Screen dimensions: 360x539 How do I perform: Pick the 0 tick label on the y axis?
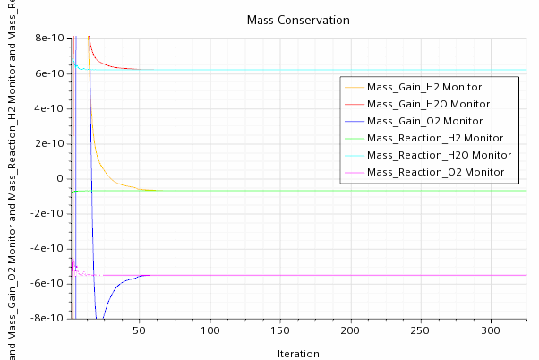pos(60,178)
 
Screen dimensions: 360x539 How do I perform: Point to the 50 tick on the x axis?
pos(139,330)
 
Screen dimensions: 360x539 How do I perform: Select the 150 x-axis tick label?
pos(281,330)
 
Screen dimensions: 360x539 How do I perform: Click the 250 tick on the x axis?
pos(423,330)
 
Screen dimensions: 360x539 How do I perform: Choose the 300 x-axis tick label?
pos(494,330)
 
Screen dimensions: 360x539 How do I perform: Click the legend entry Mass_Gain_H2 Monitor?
pos(424,88)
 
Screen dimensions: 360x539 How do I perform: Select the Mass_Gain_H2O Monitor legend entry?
pos(428,105)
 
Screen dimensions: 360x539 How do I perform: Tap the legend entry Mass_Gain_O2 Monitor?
pos(424,122)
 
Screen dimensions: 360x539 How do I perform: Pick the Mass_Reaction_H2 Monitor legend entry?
pos(434,139)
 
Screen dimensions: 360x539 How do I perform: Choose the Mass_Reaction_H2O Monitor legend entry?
pos(438,156)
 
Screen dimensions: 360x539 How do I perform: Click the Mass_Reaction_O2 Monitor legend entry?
pos(434,173)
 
